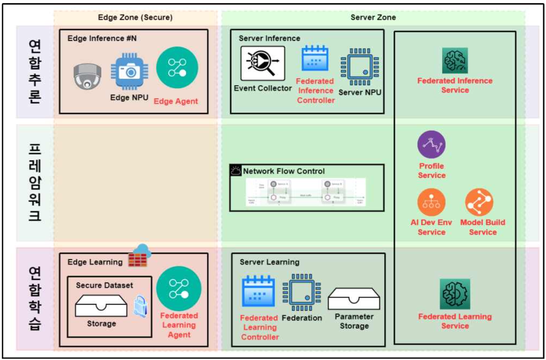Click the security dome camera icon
pyautogui.click(x=87, y=76)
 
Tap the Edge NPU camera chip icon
pyautogui.click(x=129, y=72)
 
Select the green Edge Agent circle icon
pyautogui.click(x=177, y=67)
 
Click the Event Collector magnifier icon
pyautogui.click(x=262, y=63)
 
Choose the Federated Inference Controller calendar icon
pyautogui.click(x=315, y=59)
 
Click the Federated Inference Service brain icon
pyautogui.click(x=455, y=61)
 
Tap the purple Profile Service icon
pyautogui.click(x=431, y=144)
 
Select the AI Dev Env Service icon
pyautogui.click(x=431, y=202)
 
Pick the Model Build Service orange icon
pyautogui.click(x=479, y=202)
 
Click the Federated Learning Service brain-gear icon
pyautogui.click(x=455, y=294)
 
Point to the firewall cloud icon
pyautogui.click(x=139, y=256)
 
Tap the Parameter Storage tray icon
pyautogui.click(x=354, y=299)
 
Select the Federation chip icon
pyautogui.click(x=302, y=292)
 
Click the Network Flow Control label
pyautogui.click(x=284, y=171)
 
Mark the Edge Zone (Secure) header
pyautogui.click(x=135, y=17)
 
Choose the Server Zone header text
pyautogui.click(x=373, y=17)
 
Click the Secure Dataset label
pyautogui.click(x=104, y=285)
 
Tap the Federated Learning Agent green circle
pyautogui.click(x=179, y=288)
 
